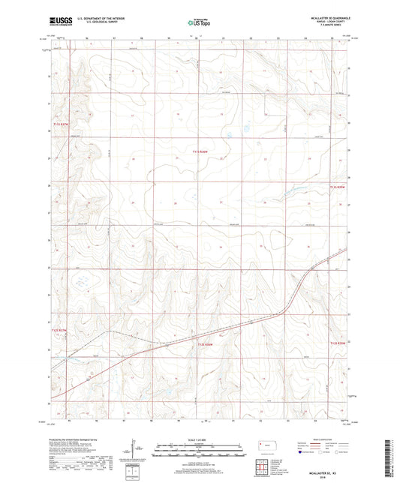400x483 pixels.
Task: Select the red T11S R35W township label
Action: coord(339,187)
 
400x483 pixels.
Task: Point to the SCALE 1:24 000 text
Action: coord(200,438)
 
